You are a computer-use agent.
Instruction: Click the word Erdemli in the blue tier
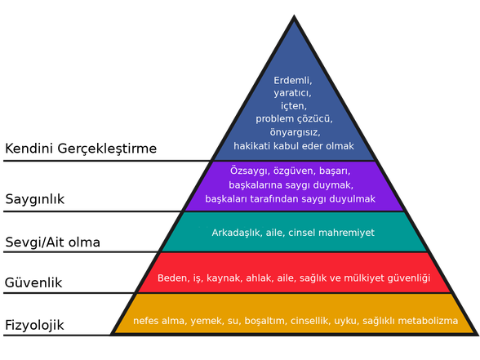pyautogui.click(x=293, y=81)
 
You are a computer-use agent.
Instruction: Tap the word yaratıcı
pyautogui.click(x=293, y=94)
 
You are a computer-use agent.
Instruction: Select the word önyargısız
pyautogui.click(x=294, y=132)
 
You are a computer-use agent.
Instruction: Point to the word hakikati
pyautogui.click(x=253, y=146)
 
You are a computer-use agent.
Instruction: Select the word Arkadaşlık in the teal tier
pyautogui.click(x=237, y=233)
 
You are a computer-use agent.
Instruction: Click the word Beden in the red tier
pyautogui.click(x=172, y=278)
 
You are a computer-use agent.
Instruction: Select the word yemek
pyautogui.click(x=204, y=321)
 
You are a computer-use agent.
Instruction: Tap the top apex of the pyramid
pyautogui.click(x=295, y=17)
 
